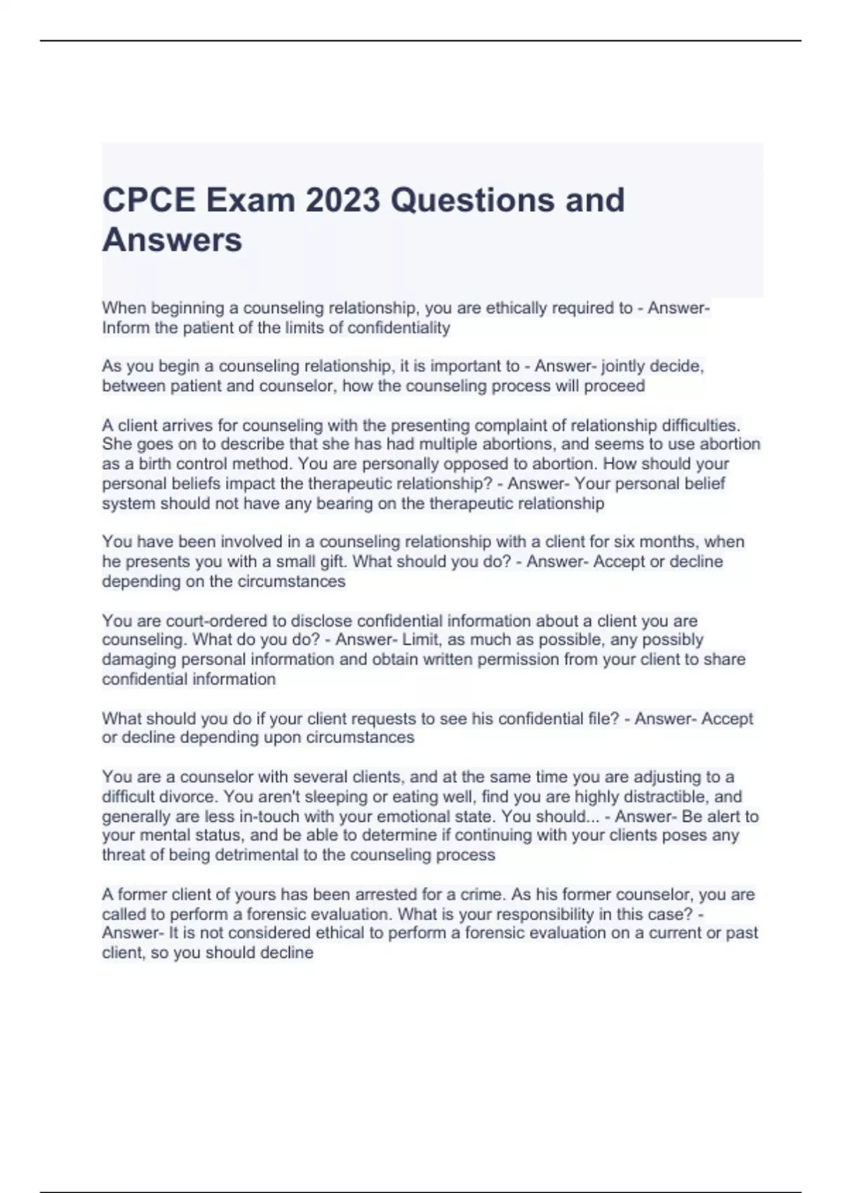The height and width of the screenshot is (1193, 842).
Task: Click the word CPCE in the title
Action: coord(149,200)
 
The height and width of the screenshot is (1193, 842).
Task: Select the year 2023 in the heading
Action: coord(342,200)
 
